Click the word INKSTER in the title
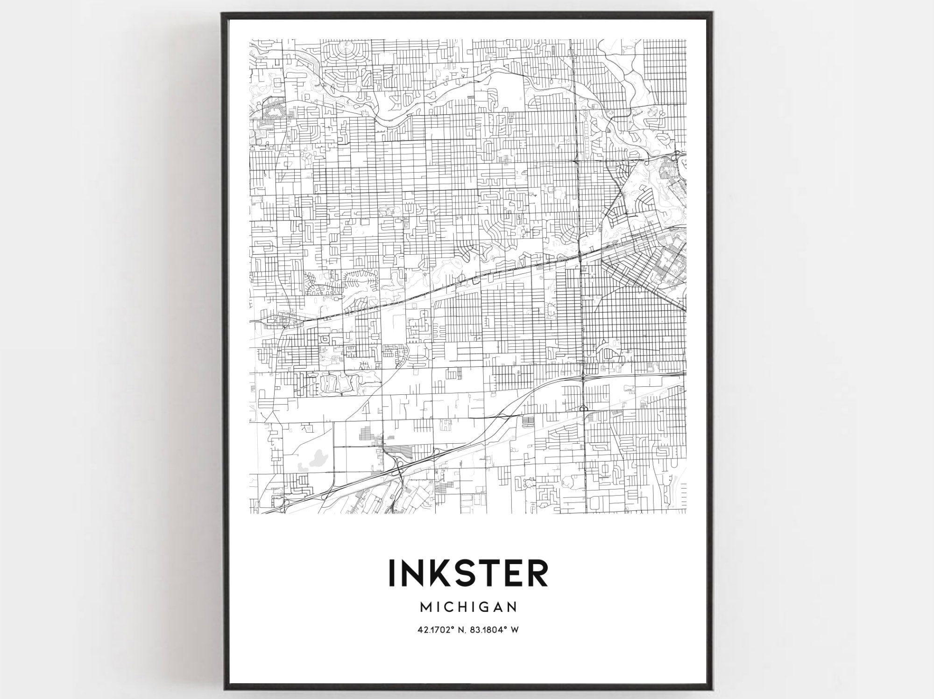(x=468, y=573)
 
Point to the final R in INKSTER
(x=538, y=573)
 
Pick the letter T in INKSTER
(x=493, y=573)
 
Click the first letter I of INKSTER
(x=391, y=573)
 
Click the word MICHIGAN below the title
(x=468, y=607)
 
